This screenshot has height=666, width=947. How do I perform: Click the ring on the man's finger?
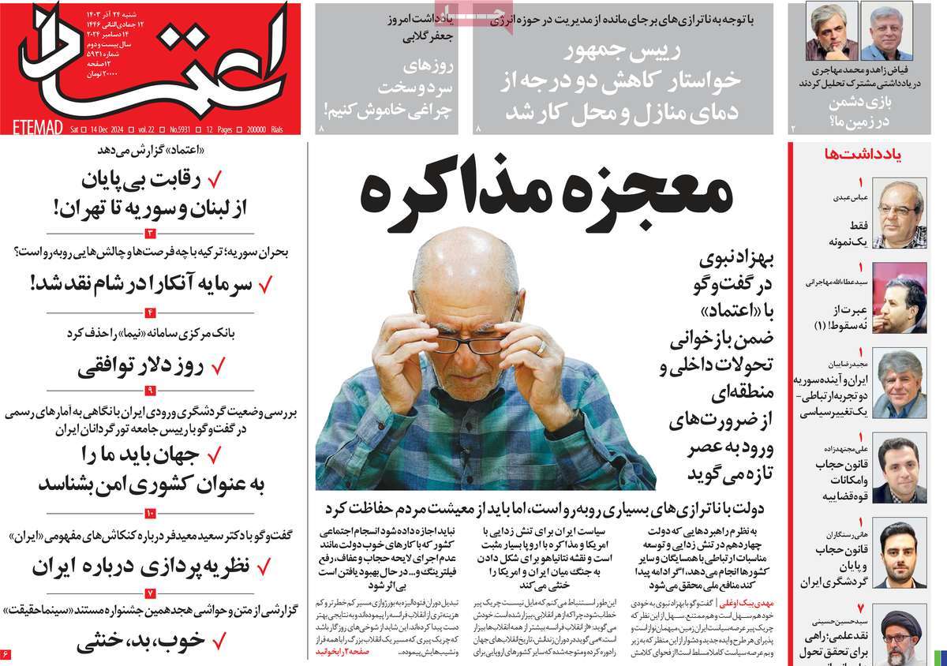[x=541, y=347]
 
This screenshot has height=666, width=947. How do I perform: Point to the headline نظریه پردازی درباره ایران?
[x=142, y=566]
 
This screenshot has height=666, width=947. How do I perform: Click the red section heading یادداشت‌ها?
[x=868, y=154]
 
